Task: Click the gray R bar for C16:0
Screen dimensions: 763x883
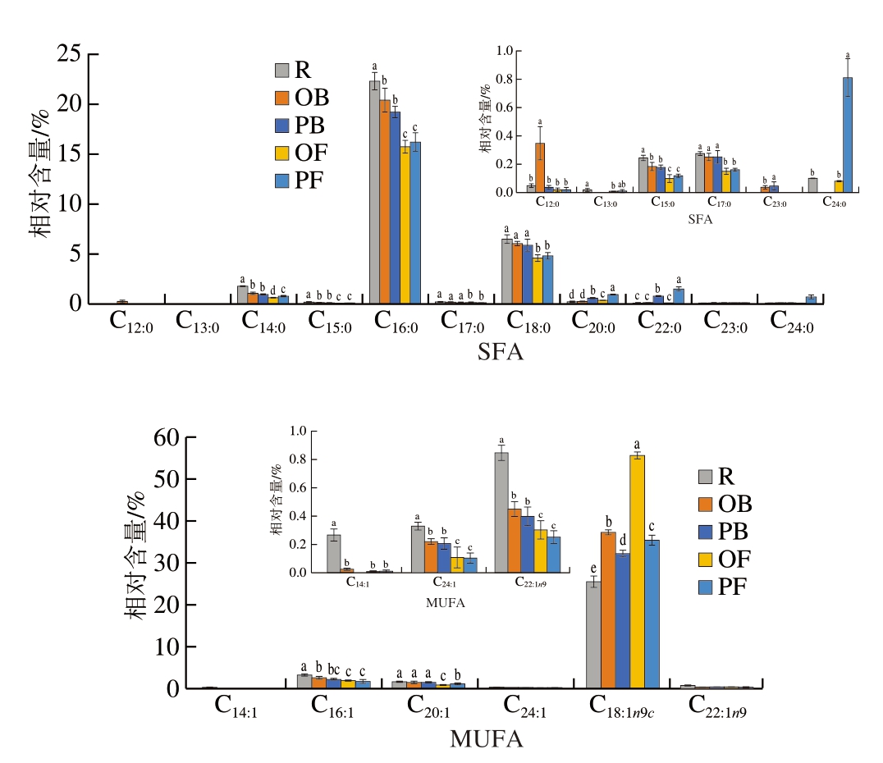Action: pos(375,192)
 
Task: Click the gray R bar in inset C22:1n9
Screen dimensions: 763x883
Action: pos(501,513)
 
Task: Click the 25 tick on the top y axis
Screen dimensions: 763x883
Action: pos(71,55)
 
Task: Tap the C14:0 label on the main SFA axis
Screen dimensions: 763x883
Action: pos(265,321)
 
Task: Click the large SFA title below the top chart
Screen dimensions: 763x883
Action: pos(501,353)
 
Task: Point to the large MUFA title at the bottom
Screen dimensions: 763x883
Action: pos(487,739)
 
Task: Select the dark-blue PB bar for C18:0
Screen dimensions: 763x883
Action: pos(527,274)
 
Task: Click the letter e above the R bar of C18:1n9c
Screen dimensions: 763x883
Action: pos(592,569)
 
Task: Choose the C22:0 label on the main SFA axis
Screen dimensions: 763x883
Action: pos(662,321)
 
